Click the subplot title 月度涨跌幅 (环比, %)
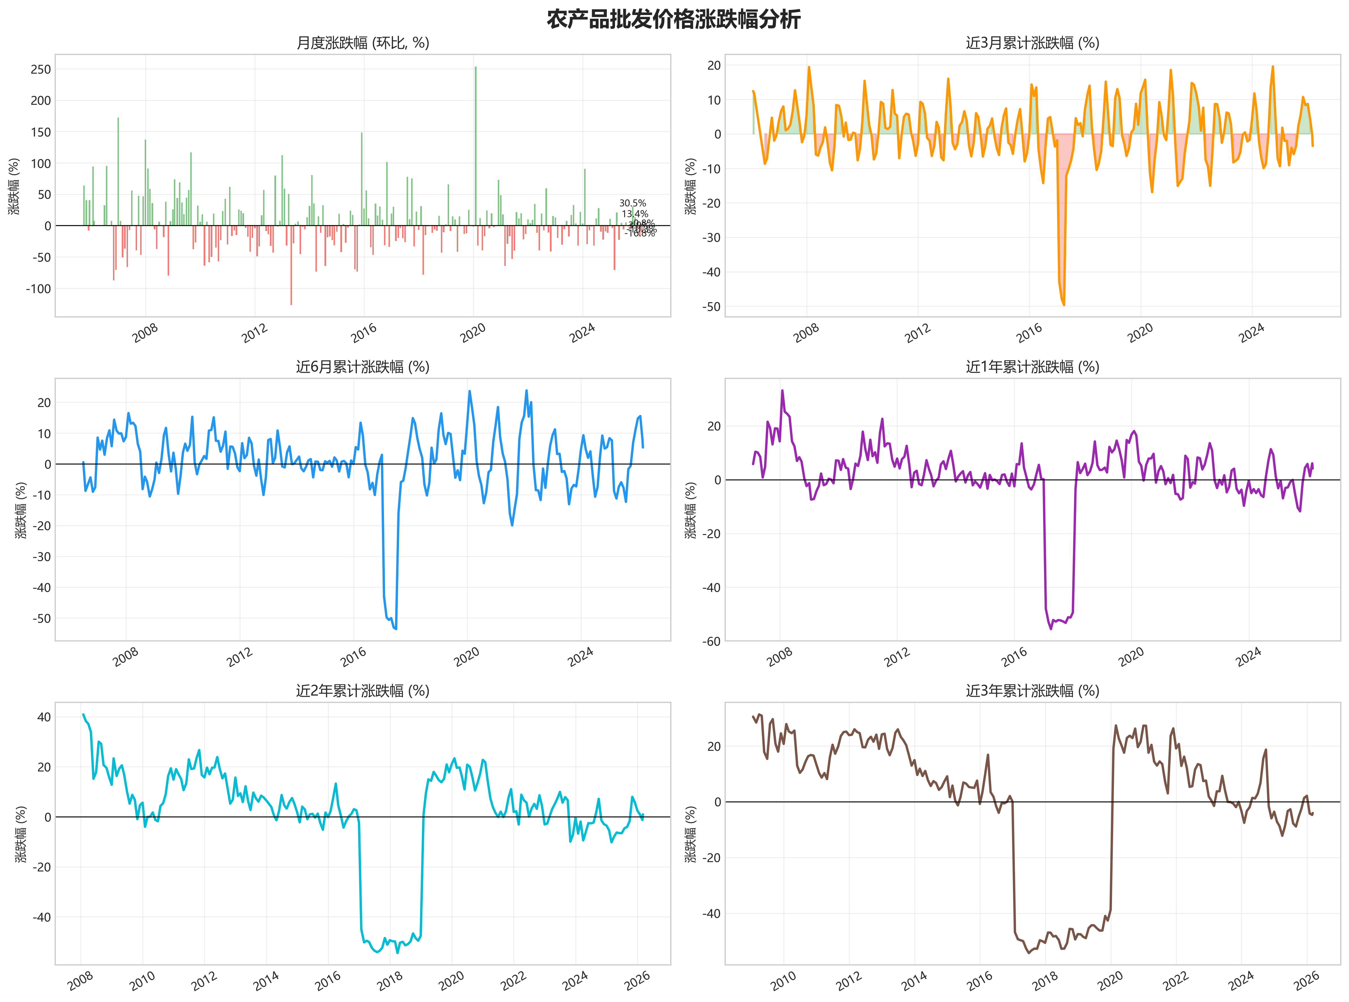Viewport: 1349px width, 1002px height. coord(362,43)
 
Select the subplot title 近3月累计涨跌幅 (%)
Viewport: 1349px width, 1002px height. coord(1032,43)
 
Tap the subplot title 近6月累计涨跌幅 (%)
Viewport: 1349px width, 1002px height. coord(362,367)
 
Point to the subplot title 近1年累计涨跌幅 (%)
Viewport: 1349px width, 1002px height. coord(1032,367)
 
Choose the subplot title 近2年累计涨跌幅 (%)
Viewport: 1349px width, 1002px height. coord(362,691)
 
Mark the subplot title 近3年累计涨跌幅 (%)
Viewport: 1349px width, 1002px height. coord(1032,691)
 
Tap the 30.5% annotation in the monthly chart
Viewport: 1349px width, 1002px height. coord(632,203)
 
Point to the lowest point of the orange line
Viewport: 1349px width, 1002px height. coord(1064,304)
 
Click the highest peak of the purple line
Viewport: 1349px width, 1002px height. coord(782,391)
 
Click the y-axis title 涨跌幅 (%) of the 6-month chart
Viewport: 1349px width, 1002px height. coord(21,510)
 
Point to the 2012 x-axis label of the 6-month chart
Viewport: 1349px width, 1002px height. coord(240,657)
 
